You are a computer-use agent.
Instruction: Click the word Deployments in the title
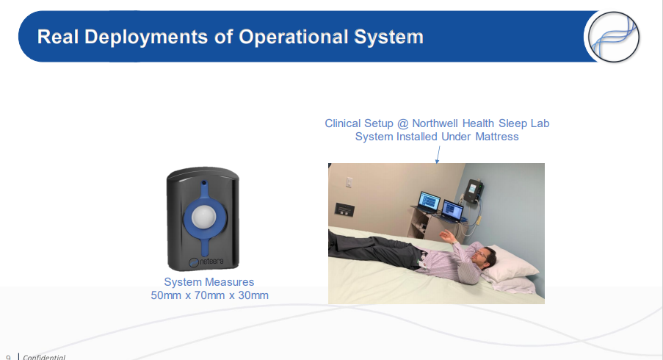pos(146,37)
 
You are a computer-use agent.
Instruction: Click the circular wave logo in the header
pos(614,37)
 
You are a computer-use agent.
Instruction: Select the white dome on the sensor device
pos(204,217)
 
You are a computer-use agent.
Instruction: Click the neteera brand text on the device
pos(211,262)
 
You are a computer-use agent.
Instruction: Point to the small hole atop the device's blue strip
pos(204,183)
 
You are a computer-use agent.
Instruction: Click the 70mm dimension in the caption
pos(209,295)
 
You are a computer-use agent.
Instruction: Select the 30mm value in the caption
pos(253,295)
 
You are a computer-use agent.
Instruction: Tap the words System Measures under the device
pos(209,281)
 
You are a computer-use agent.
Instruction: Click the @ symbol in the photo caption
pos(403,123)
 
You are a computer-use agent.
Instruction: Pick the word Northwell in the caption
pos(435,123)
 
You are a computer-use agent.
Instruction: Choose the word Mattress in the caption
pos(497,137)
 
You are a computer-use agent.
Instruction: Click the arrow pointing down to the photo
pos(438,155)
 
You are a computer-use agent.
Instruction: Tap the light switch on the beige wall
pos(349,182)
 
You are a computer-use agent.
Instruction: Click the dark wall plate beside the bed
pos(344,209)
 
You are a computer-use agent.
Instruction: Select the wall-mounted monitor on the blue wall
pos(473,190)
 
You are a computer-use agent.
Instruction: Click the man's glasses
pos(480,254)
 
